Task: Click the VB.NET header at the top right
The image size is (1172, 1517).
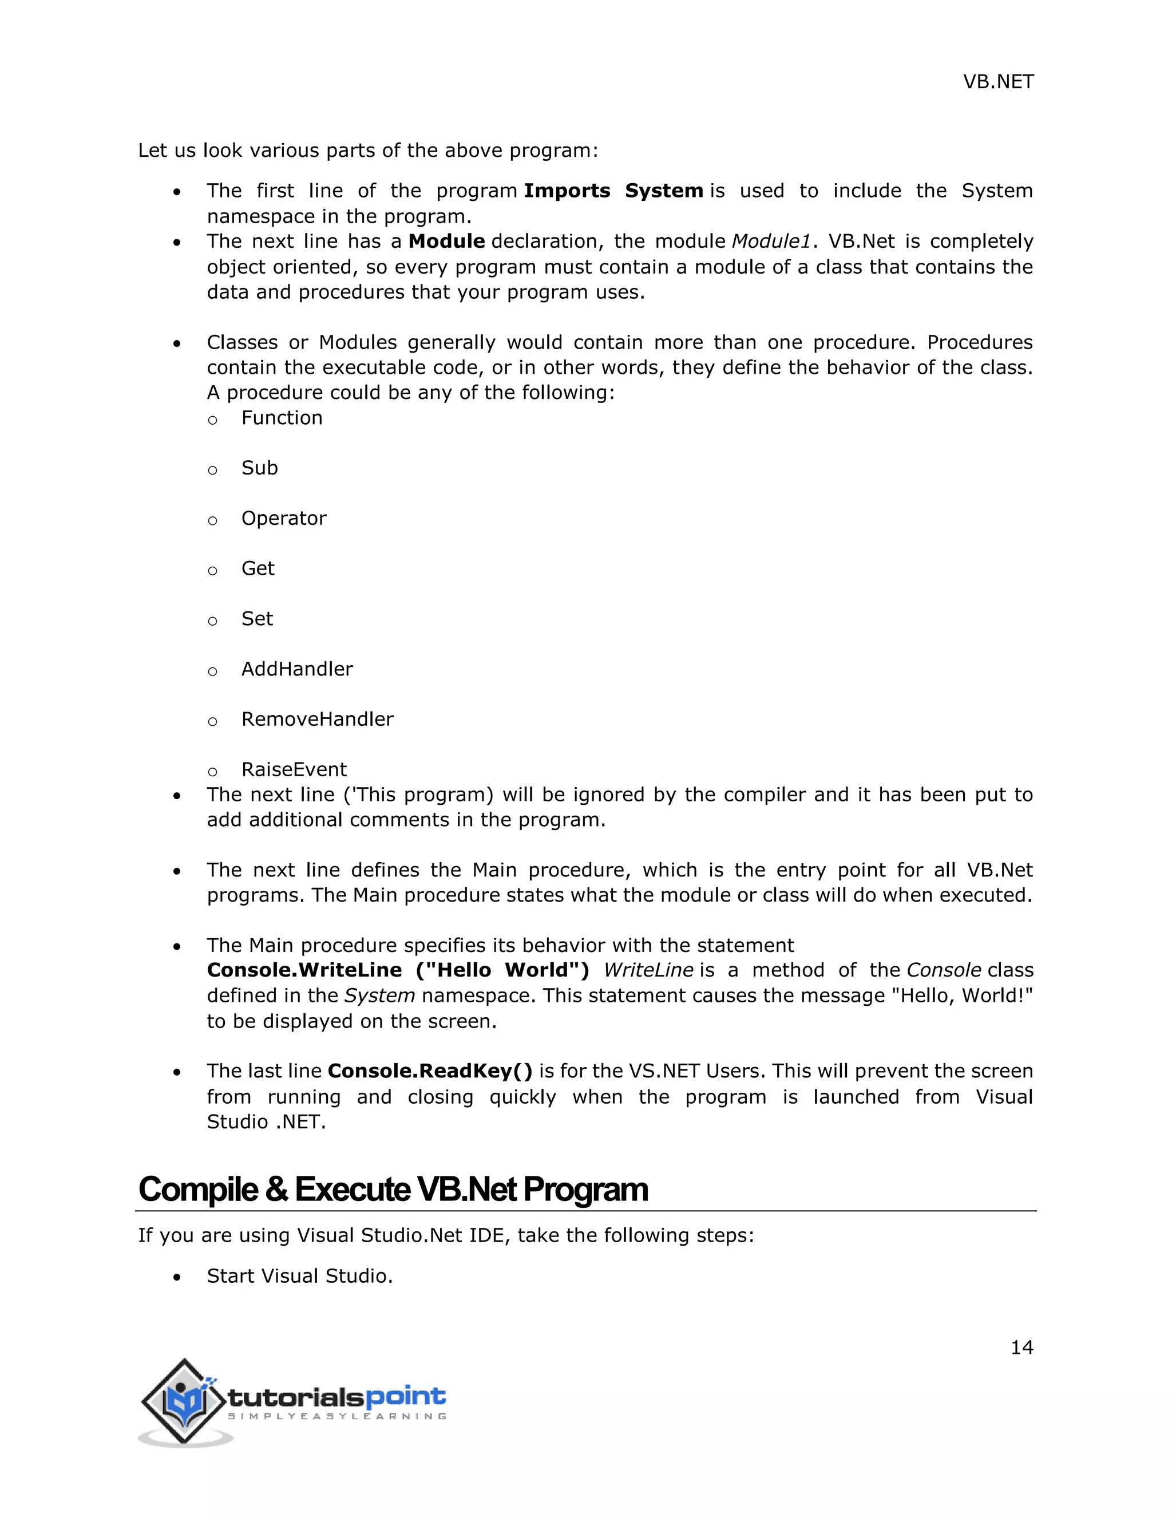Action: coord(997,82)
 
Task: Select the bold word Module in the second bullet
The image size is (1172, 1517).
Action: coord(446,242)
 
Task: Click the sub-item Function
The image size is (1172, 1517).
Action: coord(282,418)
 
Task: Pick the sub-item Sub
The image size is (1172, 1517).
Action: coord(260,468)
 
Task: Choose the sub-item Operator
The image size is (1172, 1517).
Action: coord(283,519)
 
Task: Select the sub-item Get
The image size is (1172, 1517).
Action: coord(258,569)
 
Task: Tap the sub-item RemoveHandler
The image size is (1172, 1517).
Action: coord(316,720)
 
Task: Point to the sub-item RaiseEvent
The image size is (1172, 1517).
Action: coord(294,769)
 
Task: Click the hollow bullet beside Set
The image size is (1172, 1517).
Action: coord(212,621)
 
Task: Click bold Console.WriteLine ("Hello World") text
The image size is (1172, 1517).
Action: coord(398,970)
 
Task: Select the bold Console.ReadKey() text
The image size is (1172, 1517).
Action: coord(430,1071)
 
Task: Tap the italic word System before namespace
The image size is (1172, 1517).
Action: coord(380,996)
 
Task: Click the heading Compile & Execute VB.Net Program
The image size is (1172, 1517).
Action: coord(393,1189)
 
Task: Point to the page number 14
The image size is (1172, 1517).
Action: coord(1021,1348)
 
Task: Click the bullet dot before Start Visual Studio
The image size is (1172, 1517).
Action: coord(178,1277)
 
